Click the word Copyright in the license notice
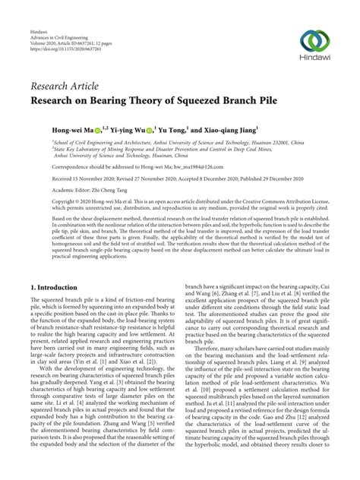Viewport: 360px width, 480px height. point(46,201)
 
